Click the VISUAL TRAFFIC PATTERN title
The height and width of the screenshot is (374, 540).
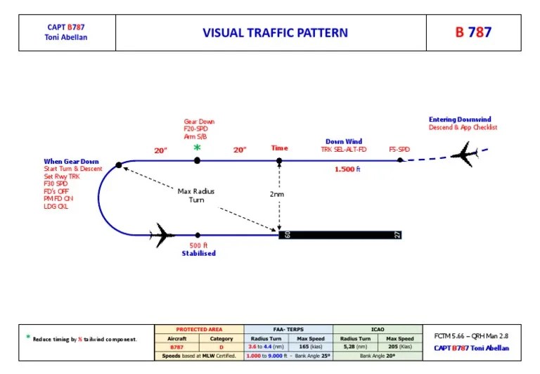click(275, 32)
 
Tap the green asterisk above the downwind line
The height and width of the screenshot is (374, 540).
click(197, 148)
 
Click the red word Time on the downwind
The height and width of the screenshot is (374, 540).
click(279, 148)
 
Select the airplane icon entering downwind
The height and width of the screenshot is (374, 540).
click(465, 154)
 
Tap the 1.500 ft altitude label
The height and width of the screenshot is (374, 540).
click(347, 169)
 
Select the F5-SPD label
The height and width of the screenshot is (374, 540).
click(399, 149)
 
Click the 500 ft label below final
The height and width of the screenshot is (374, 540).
click(198, 245)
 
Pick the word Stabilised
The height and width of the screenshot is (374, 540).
click(198, 254)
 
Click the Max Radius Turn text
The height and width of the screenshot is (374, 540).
click(197, 195)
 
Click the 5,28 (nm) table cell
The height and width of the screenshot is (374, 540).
click(355, 347)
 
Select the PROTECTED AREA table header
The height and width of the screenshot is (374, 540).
click(199, 330)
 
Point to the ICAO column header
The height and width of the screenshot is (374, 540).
click(378, 330)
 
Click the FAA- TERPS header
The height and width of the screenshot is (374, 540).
click(288, 330)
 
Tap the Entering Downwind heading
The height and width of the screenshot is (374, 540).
click(461, 120)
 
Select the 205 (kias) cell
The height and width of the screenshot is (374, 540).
click(400, 347)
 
